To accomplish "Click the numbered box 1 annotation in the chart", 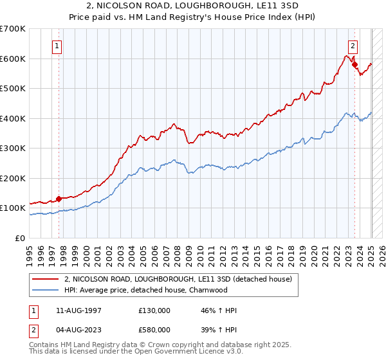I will (58, 46).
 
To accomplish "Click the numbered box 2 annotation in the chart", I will (354, 46).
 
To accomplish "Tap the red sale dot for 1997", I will (59, 199).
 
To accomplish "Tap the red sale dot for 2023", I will (354, 64).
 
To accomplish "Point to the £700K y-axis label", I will (13, 29).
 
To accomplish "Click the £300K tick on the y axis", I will (13, 148).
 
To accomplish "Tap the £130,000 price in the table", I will (154, 310).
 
